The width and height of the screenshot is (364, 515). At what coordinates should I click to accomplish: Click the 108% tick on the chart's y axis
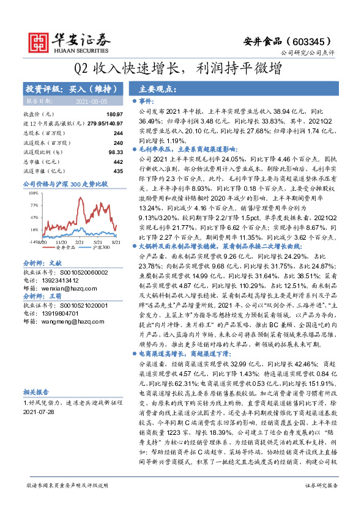pos(33,193)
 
